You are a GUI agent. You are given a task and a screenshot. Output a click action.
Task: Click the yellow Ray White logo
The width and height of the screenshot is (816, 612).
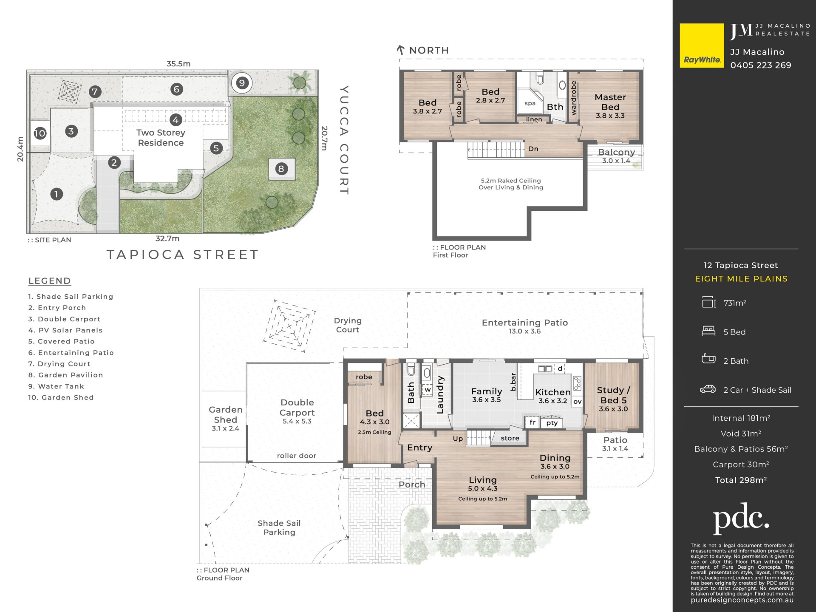coord(702,45)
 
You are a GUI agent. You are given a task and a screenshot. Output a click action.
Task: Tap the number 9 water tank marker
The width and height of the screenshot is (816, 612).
coord(242,83)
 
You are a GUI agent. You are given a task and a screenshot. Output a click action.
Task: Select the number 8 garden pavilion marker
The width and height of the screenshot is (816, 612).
coord(281,169)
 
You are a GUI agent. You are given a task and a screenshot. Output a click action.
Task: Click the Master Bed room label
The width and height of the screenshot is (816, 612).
coord(610,102)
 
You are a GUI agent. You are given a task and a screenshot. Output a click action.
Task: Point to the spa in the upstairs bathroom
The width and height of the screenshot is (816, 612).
coord(530,103)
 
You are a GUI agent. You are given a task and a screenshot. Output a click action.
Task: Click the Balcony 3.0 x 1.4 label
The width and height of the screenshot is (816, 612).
coord(616,156)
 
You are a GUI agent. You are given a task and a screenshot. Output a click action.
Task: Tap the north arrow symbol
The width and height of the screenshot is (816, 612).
coord(400,50)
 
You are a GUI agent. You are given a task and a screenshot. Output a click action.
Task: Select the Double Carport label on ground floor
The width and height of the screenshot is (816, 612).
coord(297,408)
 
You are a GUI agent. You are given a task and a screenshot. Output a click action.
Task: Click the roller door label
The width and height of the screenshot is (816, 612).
coord(297,456)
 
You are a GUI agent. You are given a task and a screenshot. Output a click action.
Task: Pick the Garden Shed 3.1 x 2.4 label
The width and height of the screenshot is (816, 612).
coord(226,419)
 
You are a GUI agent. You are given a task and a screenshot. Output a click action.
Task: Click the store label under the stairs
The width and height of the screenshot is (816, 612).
coord(510,438)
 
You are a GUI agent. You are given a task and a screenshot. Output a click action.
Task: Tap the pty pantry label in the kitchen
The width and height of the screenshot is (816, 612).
coord(552,423)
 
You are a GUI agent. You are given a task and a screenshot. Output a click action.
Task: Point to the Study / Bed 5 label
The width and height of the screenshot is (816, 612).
coord(613,395)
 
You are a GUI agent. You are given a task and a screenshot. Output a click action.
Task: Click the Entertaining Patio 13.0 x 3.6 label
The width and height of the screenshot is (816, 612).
coord(525,326)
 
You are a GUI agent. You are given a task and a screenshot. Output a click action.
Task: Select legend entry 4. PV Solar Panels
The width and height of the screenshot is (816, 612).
coord(65,330)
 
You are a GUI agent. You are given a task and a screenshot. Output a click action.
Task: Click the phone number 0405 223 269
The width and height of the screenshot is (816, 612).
coord(761,65)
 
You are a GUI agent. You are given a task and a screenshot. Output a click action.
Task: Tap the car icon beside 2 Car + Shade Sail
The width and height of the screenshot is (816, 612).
coord(708,389)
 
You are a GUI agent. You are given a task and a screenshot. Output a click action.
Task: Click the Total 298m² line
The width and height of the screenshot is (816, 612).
coord(741,480)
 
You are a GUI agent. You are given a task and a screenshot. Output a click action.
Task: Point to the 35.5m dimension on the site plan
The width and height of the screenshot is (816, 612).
coord(178,64)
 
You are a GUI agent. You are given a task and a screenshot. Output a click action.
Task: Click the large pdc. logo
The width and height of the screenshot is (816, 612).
coord(741,518)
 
